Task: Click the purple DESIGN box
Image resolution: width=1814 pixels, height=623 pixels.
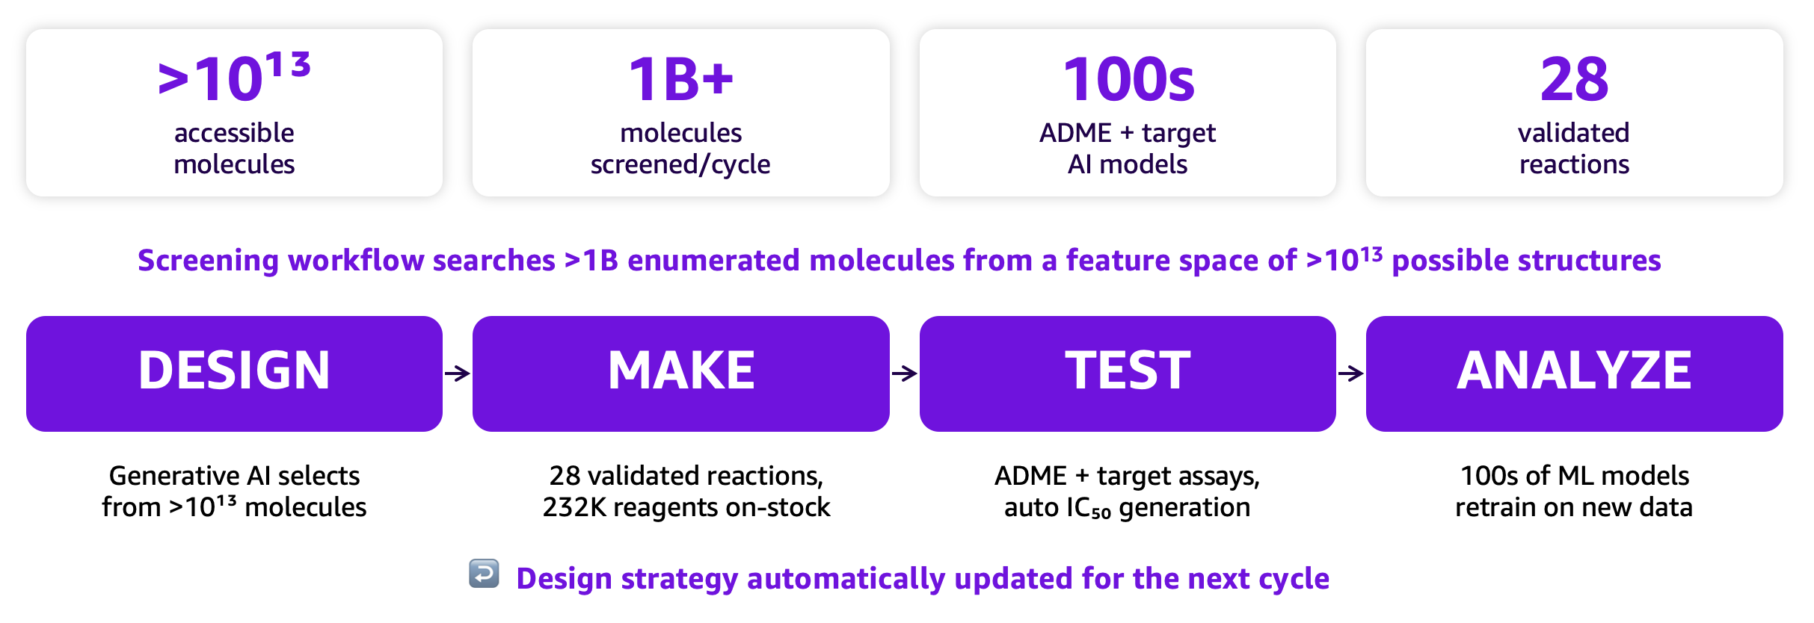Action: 234,374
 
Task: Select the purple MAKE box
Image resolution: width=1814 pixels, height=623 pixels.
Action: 681,374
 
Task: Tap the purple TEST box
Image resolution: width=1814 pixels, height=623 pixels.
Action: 1128,374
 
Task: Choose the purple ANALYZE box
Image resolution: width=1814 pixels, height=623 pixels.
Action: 1575,374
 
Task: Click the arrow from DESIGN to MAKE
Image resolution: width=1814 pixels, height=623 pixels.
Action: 458,374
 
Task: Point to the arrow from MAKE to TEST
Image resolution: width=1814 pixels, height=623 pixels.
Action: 905,374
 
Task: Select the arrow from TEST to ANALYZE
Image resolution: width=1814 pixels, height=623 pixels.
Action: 1351,374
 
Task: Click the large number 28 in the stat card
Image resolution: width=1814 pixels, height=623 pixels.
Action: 1574,79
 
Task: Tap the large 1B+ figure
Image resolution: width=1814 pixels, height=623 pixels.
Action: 681,79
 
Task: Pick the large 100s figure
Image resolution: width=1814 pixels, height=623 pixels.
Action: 1128,79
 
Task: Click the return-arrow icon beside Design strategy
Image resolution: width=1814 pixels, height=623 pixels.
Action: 485,574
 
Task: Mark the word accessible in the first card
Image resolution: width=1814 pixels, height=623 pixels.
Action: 234,133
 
